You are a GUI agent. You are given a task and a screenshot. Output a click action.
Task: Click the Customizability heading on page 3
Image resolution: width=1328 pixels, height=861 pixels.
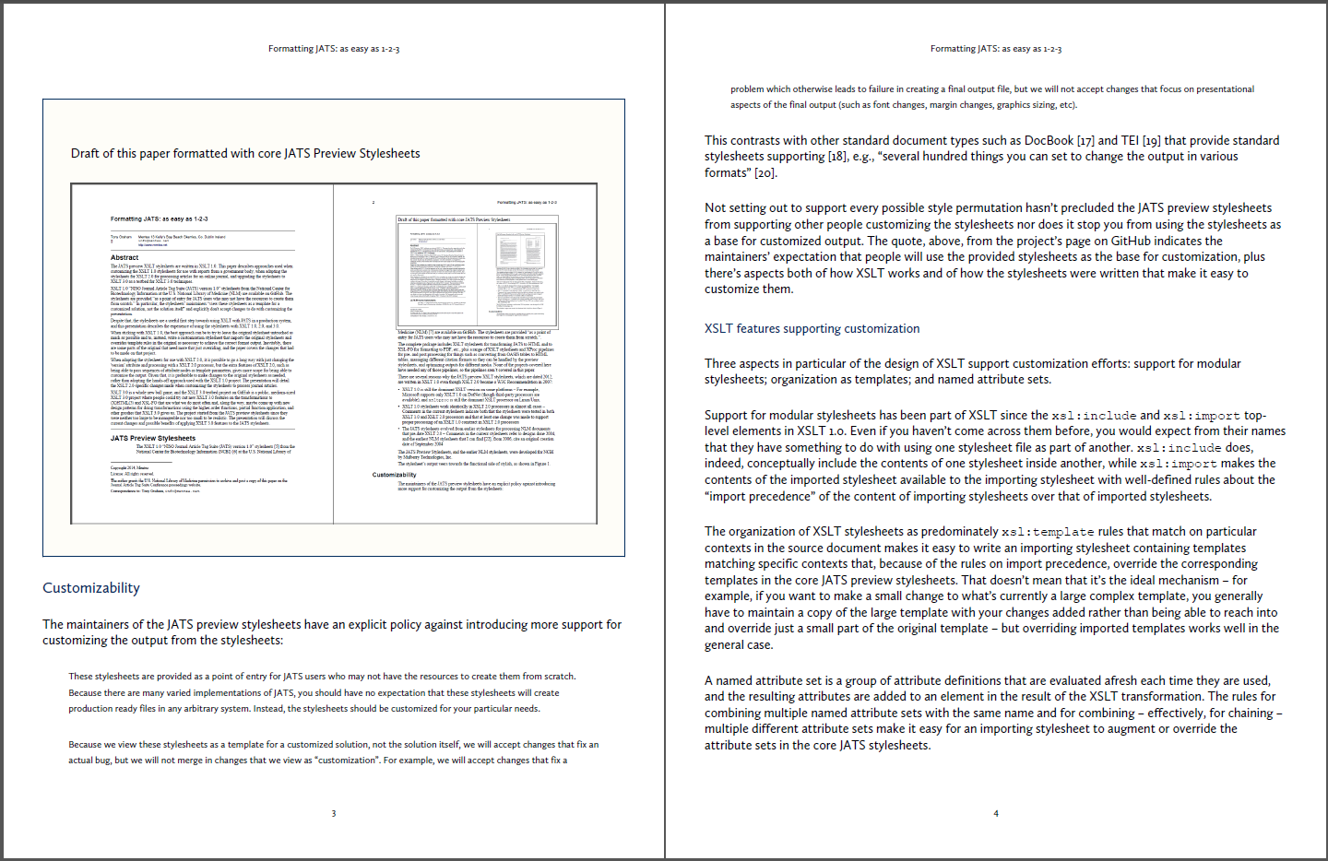(x=91, y=588)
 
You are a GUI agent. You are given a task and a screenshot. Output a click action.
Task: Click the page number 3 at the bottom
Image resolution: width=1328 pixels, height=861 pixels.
(x=334, y=813)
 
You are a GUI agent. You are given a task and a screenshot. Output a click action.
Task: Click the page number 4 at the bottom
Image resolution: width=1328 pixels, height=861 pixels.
(x=996, y=813)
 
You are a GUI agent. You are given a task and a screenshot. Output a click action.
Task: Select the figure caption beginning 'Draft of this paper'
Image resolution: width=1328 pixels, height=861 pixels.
(x=245, y=154)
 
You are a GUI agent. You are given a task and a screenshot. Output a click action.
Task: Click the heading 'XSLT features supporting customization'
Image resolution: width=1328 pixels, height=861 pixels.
(x=812, y=329)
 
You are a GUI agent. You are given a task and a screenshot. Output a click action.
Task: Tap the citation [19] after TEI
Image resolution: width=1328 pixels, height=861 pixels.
(x=1151, y=141)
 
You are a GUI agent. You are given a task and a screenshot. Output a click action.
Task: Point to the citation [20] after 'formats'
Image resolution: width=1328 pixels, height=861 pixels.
(x=765, y=173)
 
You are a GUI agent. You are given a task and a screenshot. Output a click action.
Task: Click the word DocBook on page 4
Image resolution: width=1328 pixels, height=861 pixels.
(x=1047, y=141)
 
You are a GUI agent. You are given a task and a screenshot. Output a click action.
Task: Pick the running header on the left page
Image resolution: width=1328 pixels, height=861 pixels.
(x=334, y=49)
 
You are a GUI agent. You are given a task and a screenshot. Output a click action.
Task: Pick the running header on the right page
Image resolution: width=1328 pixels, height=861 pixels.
(x=996, y=49)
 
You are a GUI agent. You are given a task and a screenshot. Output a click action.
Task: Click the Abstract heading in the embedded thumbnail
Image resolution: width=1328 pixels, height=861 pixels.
(x=125, y=257)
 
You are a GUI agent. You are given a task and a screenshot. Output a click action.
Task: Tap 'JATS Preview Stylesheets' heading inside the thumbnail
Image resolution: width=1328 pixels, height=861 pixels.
(x=153, y=438)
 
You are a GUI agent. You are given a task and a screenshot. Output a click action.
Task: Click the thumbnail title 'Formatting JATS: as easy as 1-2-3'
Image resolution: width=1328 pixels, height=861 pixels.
(x=160, y=219)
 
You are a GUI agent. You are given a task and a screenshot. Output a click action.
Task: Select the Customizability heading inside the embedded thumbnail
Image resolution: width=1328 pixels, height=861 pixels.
(x=395, y=475)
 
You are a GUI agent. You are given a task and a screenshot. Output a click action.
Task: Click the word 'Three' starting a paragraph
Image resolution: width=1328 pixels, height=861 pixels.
(x=720, y=364)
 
